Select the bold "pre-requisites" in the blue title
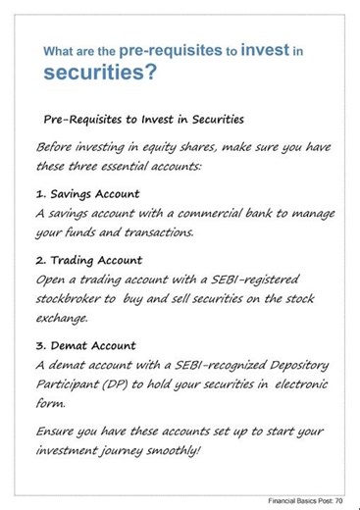(x=178, y=47)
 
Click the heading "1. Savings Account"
(x=87, y=193)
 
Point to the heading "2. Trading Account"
(x=89, y=261)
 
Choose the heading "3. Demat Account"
(x=85, y=346)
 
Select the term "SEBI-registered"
(x=254, y=280)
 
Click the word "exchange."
(x=62, y=318)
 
